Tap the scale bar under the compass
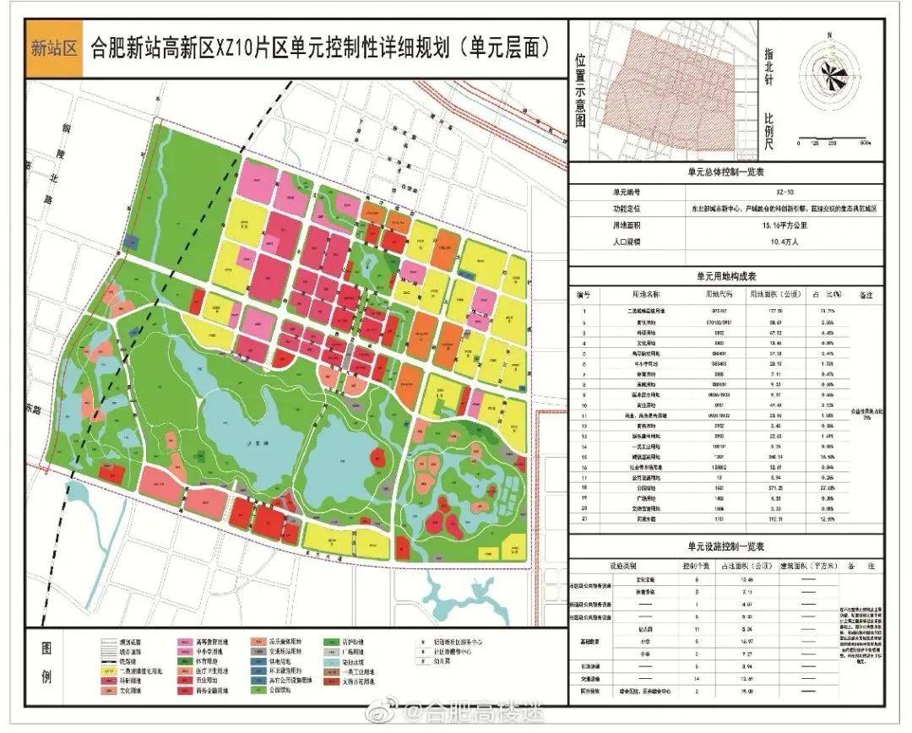pos(833,144)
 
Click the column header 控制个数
pos(697,565)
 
